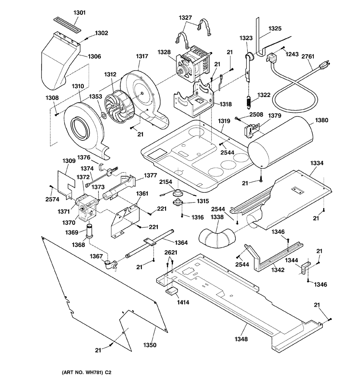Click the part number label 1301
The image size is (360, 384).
pyautogui.click(x=80, y=12)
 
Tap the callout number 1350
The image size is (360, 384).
pyautogui.click(x=150, y=345)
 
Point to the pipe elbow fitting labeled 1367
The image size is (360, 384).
pyautogui.click(x=111, y=265)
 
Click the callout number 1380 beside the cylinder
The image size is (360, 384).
pyautogui.click(x=322, y=120)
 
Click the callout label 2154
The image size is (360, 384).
pyautogui.click(x=166, y=182)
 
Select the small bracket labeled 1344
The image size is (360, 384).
pyautogui.click(x=305, y=267)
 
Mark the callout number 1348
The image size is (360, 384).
pyautogui.click(x=241, y=339)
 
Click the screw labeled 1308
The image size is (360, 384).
pyautogui.click(x=56, y=114)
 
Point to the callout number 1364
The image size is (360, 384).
pyautogui.click(x=181, y=242)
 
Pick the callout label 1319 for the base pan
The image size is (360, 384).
pyautogui.click(x=224, y=121)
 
